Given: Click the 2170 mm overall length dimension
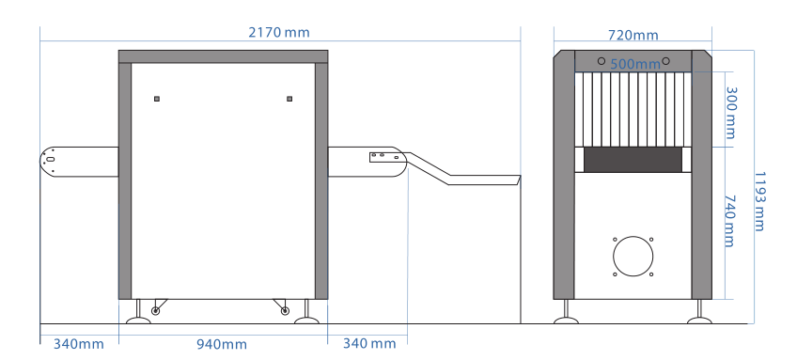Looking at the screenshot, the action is pyautogui.click(x=278, y=33).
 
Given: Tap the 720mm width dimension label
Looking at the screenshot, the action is pyautogui.click(x=633, y=35).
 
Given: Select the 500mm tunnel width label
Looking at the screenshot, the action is pyautogui.click(x=634, y=65).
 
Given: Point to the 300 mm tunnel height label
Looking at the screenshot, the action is pyautogui.click(x=730, y=113).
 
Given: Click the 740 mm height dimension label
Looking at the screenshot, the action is pyautogui.click(x=729, y=221).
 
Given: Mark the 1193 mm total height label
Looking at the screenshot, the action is pyautogui.click(x=758, y=201).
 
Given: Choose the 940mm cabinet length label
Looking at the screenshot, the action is pyautogui.click(x=222, y=345).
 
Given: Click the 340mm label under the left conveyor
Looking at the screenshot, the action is pyautogui.click(x=79, y=344).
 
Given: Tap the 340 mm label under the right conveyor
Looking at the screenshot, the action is pyautogui.click(x=369, y=344).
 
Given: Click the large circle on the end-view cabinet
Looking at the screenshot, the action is pyautogui.click(x=633, y=257).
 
